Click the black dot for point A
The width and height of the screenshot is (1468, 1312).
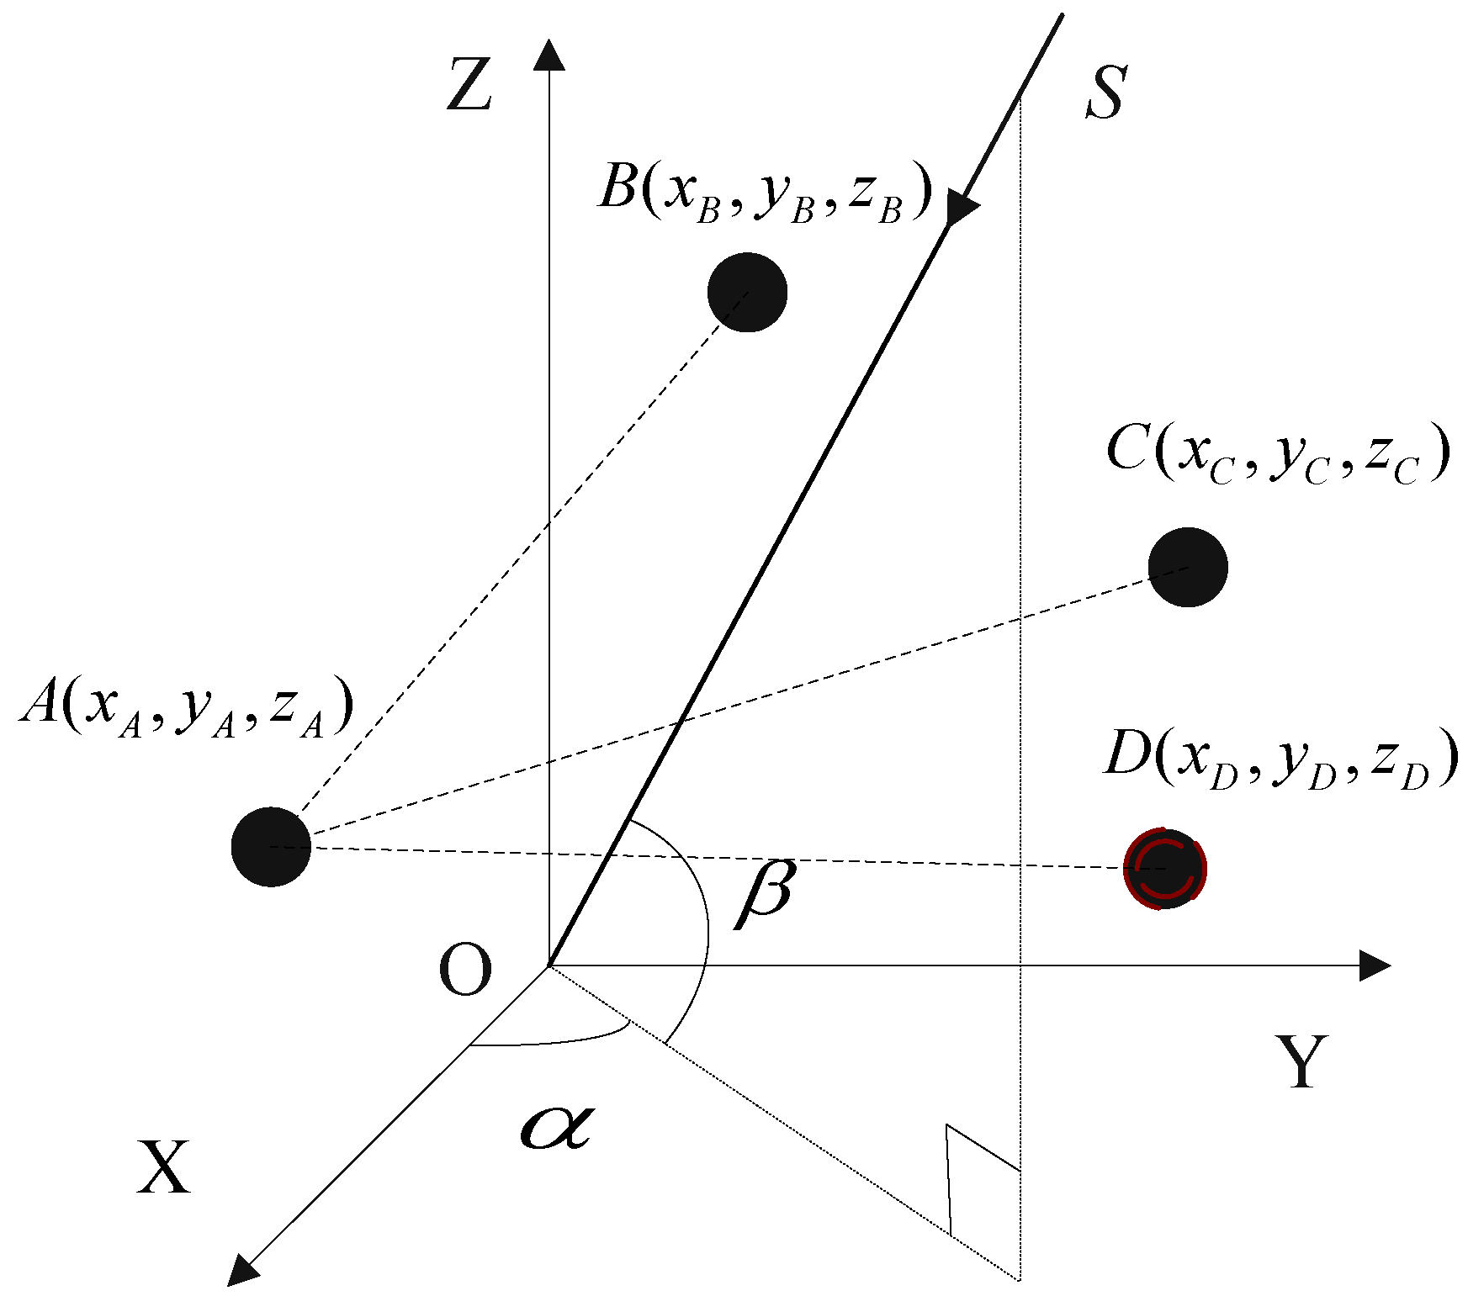click(x=271, y=846)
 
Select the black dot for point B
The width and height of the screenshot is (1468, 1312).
click(x=747, y=292)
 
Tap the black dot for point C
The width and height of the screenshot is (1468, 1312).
click(x=1188, y=567)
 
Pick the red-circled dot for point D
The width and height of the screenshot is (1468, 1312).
click(x=1165, y=868)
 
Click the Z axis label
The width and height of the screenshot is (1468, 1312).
click(x=469, y=85)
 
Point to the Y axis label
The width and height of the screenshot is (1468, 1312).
click(x=1302, y=1061)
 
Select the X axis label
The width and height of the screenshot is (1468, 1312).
click(x=164, y=1167)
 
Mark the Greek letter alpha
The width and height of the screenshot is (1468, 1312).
click(x=557, y=1126)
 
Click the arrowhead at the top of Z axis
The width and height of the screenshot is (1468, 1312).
click(x=549, y=54)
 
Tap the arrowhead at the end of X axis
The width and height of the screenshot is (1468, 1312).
click(x=242, y=1269)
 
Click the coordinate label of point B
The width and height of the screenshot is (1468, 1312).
click(x=766, y=193)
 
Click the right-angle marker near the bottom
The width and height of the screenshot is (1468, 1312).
click(x=976, y=1177)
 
